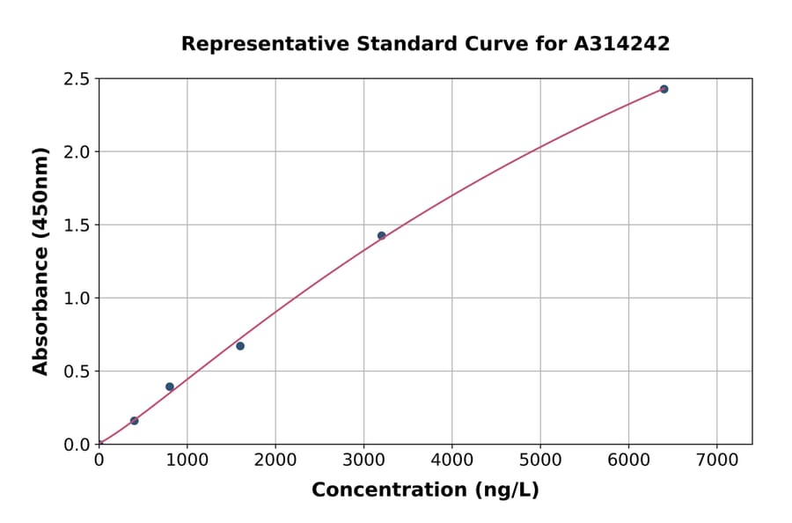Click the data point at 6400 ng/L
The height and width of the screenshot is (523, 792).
(664, 89)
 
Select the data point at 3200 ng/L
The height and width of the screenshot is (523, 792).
(381, 236)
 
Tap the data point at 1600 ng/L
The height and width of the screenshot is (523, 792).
(240, 346)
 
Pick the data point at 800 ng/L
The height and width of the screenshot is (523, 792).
(170, 387)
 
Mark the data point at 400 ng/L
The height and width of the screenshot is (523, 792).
(135, 421)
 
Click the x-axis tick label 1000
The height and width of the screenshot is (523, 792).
(187, 460)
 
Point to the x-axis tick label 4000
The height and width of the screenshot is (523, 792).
(451, 460)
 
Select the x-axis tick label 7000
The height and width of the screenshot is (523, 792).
(716, 460)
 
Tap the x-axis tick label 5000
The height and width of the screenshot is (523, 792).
(539, 460)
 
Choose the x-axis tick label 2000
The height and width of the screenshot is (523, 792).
(275, 460)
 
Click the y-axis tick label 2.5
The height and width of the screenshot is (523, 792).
(77, 79)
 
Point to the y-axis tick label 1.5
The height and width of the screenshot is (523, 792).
(77, 225)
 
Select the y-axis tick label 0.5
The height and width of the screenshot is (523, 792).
(77, 372)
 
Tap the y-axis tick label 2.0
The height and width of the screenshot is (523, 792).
(77, 152)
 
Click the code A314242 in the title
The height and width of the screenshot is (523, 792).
(622, 44)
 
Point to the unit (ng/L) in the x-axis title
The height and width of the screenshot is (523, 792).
(506, 490)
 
